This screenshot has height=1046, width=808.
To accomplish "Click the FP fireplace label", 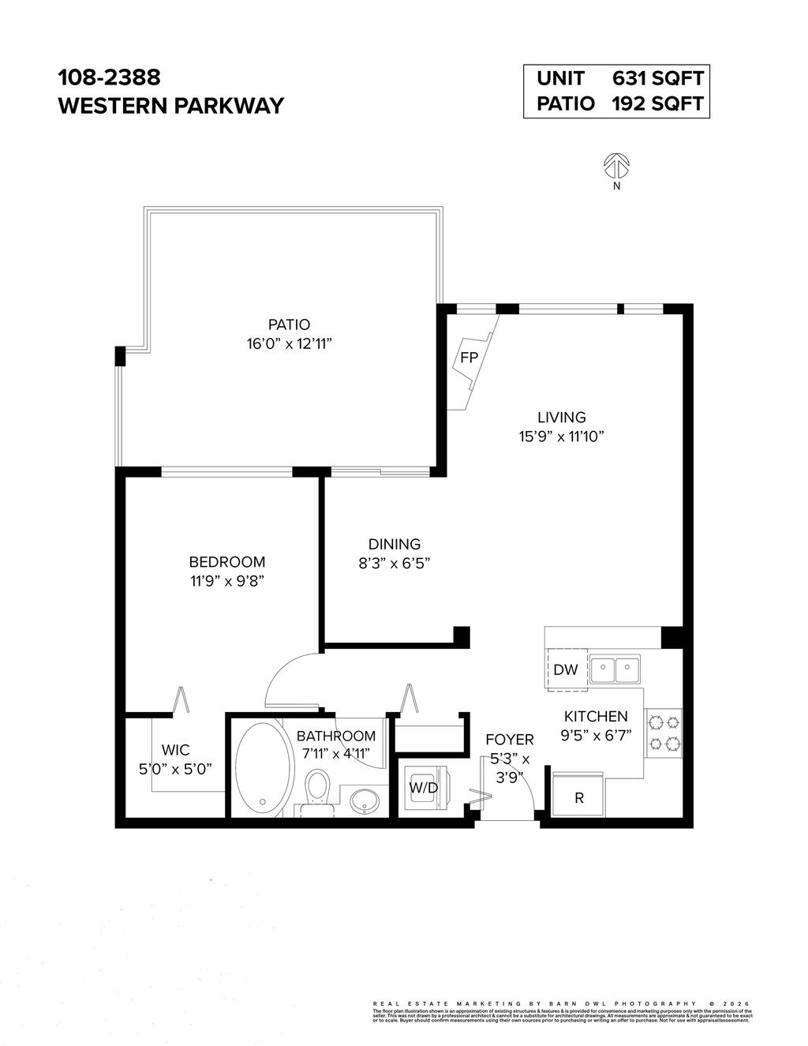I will pos(469,358).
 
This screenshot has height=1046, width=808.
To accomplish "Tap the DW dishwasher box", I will pos(566,670).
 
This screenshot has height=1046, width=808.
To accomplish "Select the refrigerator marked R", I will pos(579,797).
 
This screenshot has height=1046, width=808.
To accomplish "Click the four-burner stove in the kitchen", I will pos(664,732).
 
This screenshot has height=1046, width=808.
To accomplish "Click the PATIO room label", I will pos(289,324).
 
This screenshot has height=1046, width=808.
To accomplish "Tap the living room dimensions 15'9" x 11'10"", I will pos(562,437).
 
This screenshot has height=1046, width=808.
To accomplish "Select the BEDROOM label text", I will pos(227,562).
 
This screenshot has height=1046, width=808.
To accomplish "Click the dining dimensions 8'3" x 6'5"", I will pos(395,563).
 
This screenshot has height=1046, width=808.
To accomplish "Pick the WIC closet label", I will pos(175,750).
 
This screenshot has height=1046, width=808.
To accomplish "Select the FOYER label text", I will pos(509,740).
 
